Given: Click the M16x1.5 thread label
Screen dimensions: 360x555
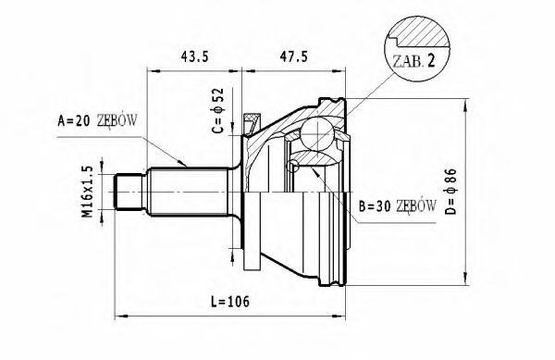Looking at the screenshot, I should pyautogui.click(x=87, y=192).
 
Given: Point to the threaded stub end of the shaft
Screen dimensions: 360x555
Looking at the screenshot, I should pyautogui.click(x=127, y=192).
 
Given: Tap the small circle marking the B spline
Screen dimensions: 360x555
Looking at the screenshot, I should pyautogui.click(x=293, y=166).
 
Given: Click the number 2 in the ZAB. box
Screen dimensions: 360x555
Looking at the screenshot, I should pyautogui.click(x=430, y=63).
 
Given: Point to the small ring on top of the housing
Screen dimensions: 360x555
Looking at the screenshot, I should pyautogui.click(x=252, y=118).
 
